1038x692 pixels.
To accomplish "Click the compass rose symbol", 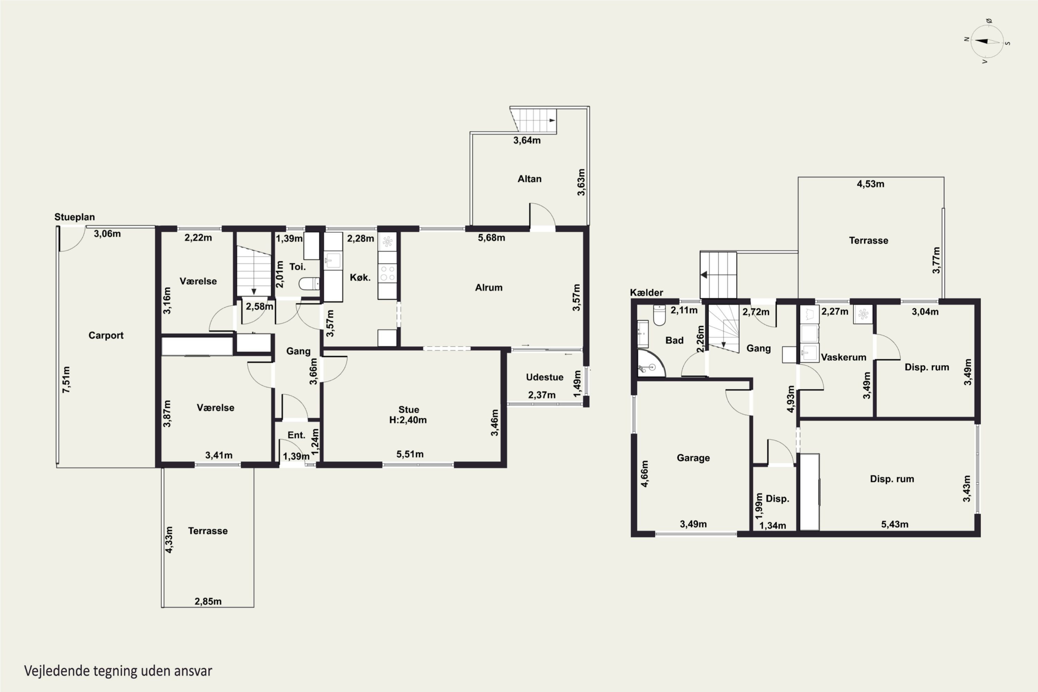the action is (x=987, y=42).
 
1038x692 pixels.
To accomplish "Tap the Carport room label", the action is (x=106, y=335).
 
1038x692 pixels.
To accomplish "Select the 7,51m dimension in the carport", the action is (x=66, y=380).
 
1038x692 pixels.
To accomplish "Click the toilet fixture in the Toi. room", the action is (x=309, y=283).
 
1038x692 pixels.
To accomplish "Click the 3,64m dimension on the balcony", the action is (x=527, y=140).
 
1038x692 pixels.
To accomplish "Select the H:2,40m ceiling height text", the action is (x=408, y=420).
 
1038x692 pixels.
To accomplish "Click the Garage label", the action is (x=693, y=458).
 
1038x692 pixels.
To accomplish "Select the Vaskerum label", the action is (x=844, y=357).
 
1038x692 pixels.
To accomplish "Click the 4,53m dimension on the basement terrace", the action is (x=870, y=184).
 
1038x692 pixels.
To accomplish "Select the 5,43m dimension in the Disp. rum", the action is (x=894, y=524).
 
